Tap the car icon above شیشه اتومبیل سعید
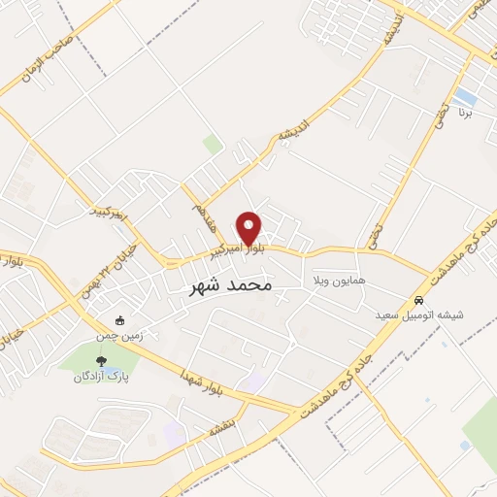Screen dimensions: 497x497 (x=418, y=300)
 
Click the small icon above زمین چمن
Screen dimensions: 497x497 (x=119, y=320)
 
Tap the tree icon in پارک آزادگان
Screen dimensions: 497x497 (x=101, y=361)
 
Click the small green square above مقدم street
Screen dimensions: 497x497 (x=213, y=144)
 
